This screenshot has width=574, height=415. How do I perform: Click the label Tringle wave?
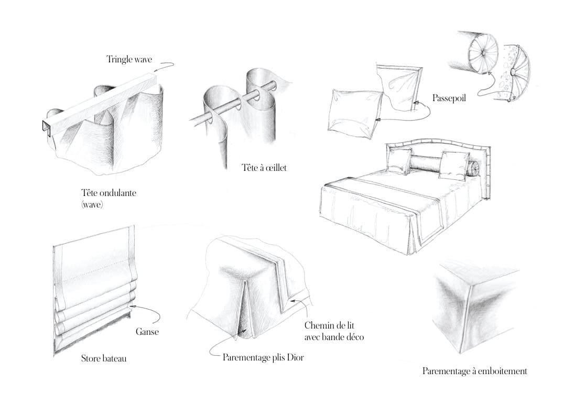tap(129, 59)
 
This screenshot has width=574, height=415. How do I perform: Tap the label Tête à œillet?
tap(264, 168)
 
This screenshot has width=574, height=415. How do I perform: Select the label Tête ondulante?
tap(109, 193)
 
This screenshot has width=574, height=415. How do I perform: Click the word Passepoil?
tap(449, 98)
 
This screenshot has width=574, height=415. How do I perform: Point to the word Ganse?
tap(147, 332)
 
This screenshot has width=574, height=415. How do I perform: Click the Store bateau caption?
tap(104, 358)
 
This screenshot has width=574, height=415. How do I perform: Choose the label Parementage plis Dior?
tap(263, 357)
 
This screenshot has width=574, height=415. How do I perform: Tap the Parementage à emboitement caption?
tap(475, 371)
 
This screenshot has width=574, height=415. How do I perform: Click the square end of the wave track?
tap(46, 128)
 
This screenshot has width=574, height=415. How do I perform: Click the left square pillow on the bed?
tap(400, 161)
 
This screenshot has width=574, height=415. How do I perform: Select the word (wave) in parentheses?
tap(92, 204)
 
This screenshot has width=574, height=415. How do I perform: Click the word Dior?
tap(296, 357)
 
